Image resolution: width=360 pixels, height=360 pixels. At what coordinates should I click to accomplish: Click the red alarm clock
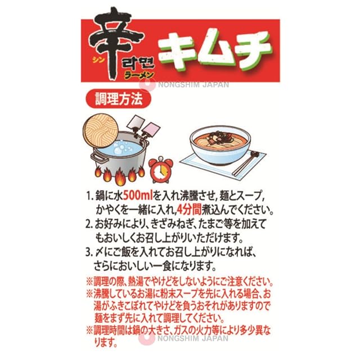[160, 170]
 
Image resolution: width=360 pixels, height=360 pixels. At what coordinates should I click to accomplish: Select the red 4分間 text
[190, 209]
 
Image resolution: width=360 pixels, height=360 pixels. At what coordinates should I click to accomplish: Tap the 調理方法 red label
[119, 99]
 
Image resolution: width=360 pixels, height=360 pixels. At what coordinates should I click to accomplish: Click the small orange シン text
[98, 60]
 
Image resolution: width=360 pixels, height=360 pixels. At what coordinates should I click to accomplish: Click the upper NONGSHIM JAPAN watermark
[193, 85]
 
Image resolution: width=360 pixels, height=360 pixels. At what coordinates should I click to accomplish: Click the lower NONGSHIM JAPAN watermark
[193, 338]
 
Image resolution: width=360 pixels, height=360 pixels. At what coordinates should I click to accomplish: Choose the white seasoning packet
[136, 123]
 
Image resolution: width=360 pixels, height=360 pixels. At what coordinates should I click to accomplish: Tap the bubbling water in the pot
[119, 148]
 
